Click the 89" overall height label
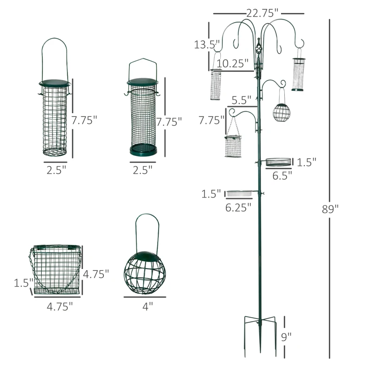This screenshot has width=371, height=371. (330, 209)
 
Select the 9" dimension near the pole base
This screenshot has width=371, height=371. (286, 338)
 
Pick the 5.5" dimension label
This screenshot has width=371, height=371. (242, 99)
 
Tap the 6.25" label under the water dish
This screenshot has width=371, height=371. (238, 207)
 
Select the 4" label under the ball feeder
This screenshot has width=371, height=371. (147, 306)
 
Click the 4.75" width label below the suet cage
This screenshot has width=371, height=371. (59, 306)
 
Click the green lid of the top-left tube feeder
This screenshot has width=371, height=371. (55, 83)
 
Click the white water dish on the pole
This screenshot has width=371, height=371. (239, 192)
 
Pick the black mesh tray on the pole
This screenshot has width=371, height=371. (279, 161)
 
